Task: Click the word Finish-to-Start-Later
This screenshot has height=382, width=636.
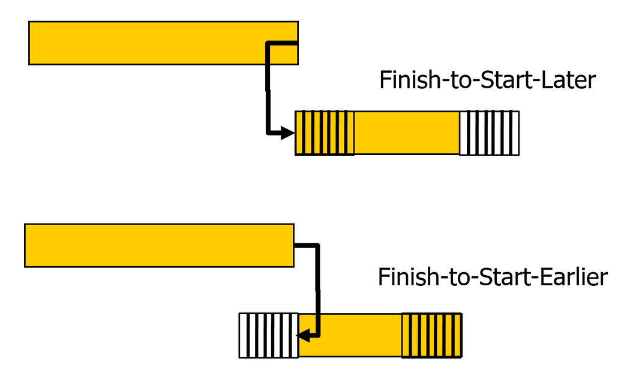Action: pos(487,80)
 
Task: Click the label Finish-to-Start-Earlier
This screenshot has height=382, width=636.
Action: pos(493,277)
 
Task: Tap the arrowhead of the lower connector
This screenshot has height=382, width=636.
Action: pos(304,336)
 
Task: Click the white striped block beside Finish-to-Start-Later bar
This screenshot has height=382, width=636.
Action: pos(489,133)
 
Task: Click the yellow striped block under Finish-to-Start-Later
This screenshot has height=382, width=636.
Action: pos(325,133)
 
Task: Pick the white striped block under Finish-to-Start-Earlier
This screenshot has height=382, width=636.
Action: pos(268,335)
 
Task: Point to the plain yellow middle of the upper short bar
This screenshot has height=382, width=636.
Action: pos(407,133)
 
